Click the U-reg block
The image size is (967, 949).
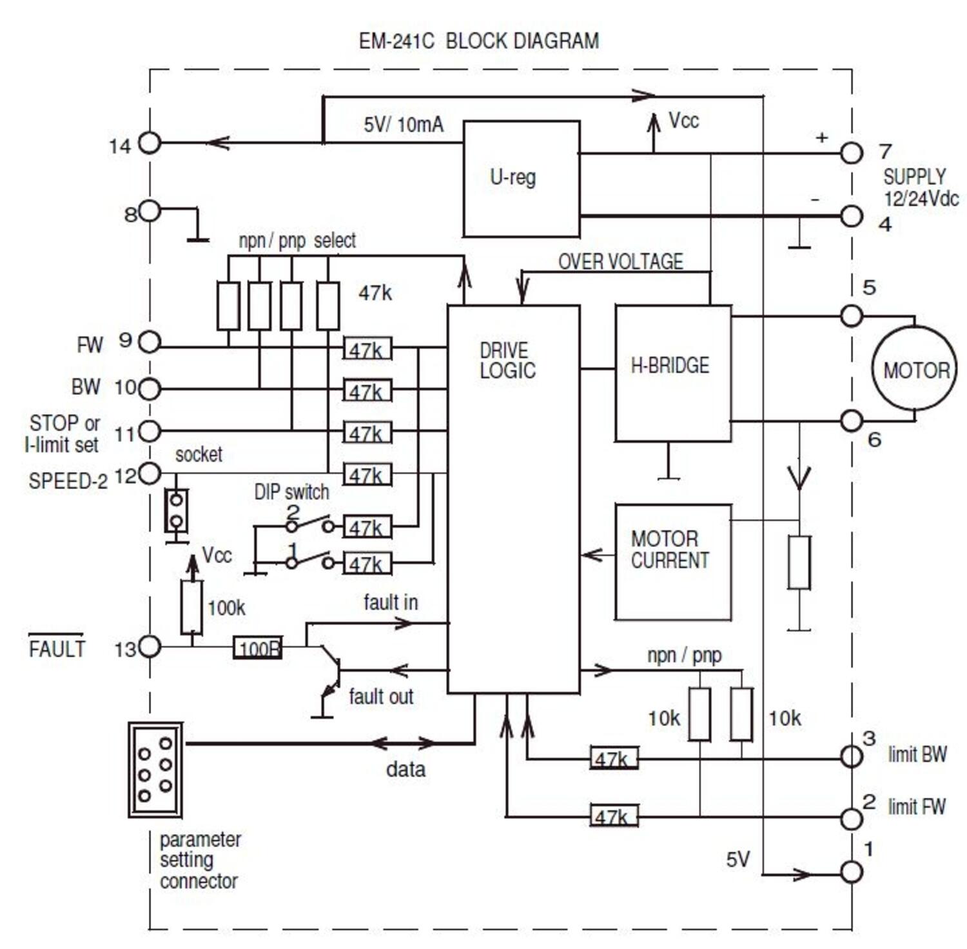(x=521, y=178)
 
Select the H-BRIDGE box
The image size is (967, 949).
(x=672, y=373)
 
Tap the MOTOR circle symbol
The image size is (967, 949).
(x=915, y=369)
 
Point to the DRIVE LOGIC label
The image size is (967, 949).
(x=507, y=360)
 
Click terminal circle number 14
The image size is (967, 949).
(x=150, y=143)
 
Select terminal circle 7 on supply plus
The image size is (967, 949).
(x=851, y=153)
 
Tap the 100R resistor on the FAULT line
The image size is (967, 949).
(x=257, y=648)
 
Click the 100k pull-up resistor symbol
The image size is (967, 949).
(x=191, y=607)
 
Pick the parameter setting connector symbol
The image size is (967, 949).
(x=155, y=770)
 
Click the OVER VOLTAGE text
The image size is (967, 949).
(x=620, y=261)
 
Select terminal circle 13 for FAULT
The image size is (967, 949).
(x=150, y=646)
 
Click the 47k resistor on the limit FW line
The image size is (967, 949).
(x=614, y=816)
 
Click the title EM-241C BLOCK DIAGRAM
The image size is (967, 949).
(x=478, y=41)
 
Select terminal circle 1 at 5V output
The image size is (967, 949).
(x=851, y=872)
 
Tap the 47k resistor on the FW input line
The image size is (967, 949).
(x=367, y=349)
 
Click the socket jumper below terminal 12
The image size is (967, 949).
(x=175, y=510)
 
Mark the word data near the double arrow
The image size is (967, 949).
(x=405, y=769)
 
